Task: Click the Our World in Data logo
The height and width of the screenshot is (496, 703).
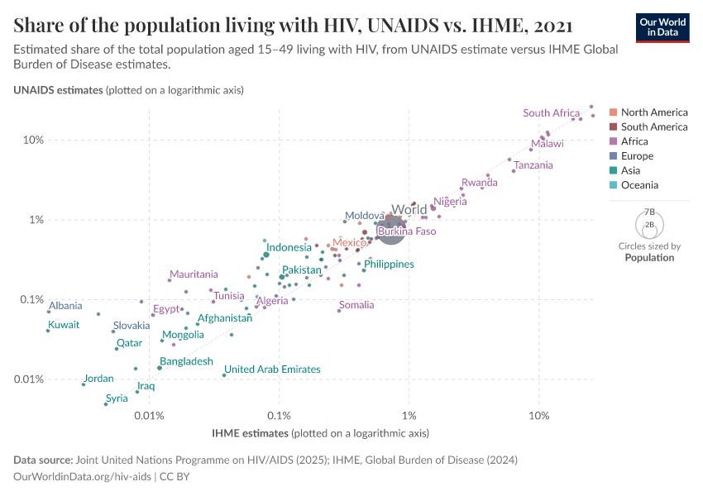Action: (x=662, y=27)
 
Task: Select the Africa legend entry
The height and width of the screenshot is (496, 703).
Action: (x=637, y=141)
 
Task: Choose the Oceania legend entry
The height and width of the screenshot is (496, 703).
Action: (x=639, y=185)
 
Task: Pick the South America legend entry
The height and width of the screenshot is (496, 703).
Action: (x=653, y=126)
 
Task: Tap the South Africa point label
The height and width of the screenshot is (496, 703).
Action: (x=552, y=113)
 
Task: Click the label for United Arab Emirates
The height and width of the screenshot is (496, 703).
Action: (x=272, y=370)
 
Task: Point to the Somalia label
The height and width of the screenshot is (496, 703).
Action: (x=356, y=305)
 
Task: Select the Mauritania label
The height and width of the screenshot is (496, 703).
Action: (x=194, y=274)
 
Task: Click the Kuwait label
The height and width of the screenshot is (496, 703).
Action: (x=64, y=325)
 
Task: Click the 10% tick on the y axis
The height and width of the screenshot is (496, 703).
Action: (x=32, y=140)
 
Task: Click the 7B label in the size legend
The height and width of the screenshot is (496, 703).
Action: (x=649, y=212)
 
